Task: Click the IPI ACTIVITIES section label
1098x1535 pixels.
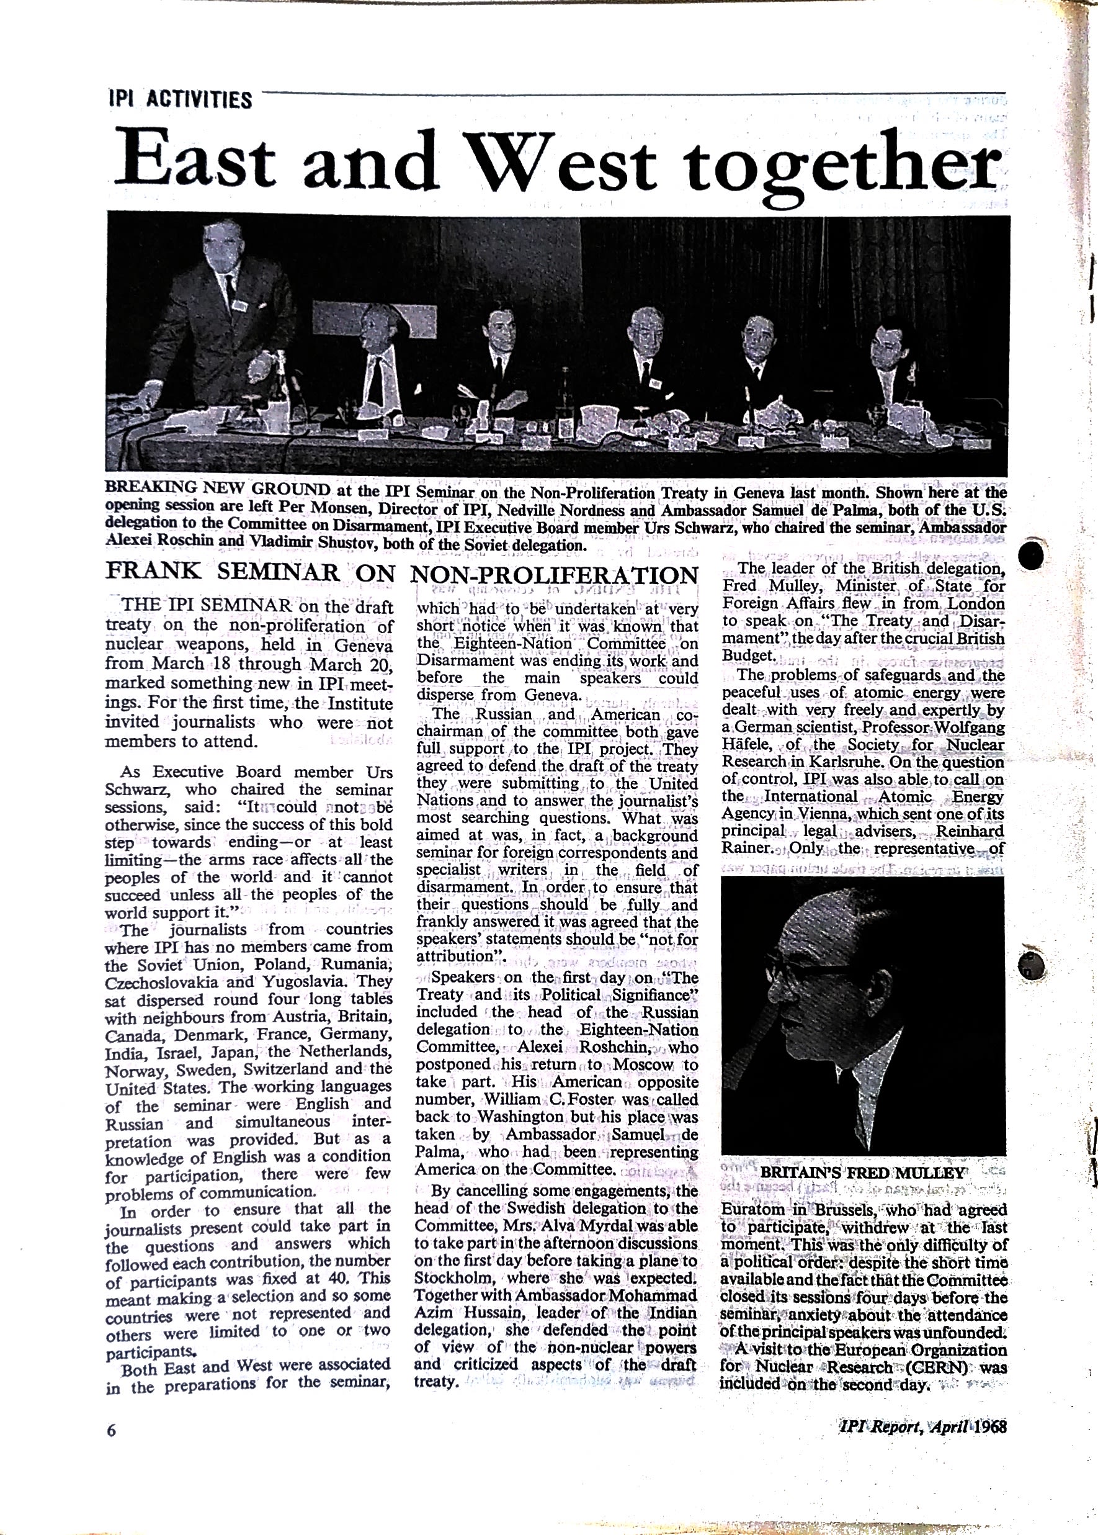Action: [180, 100]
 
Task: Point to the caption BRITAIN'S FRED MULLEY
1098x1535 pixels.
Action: [864, 1173]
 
